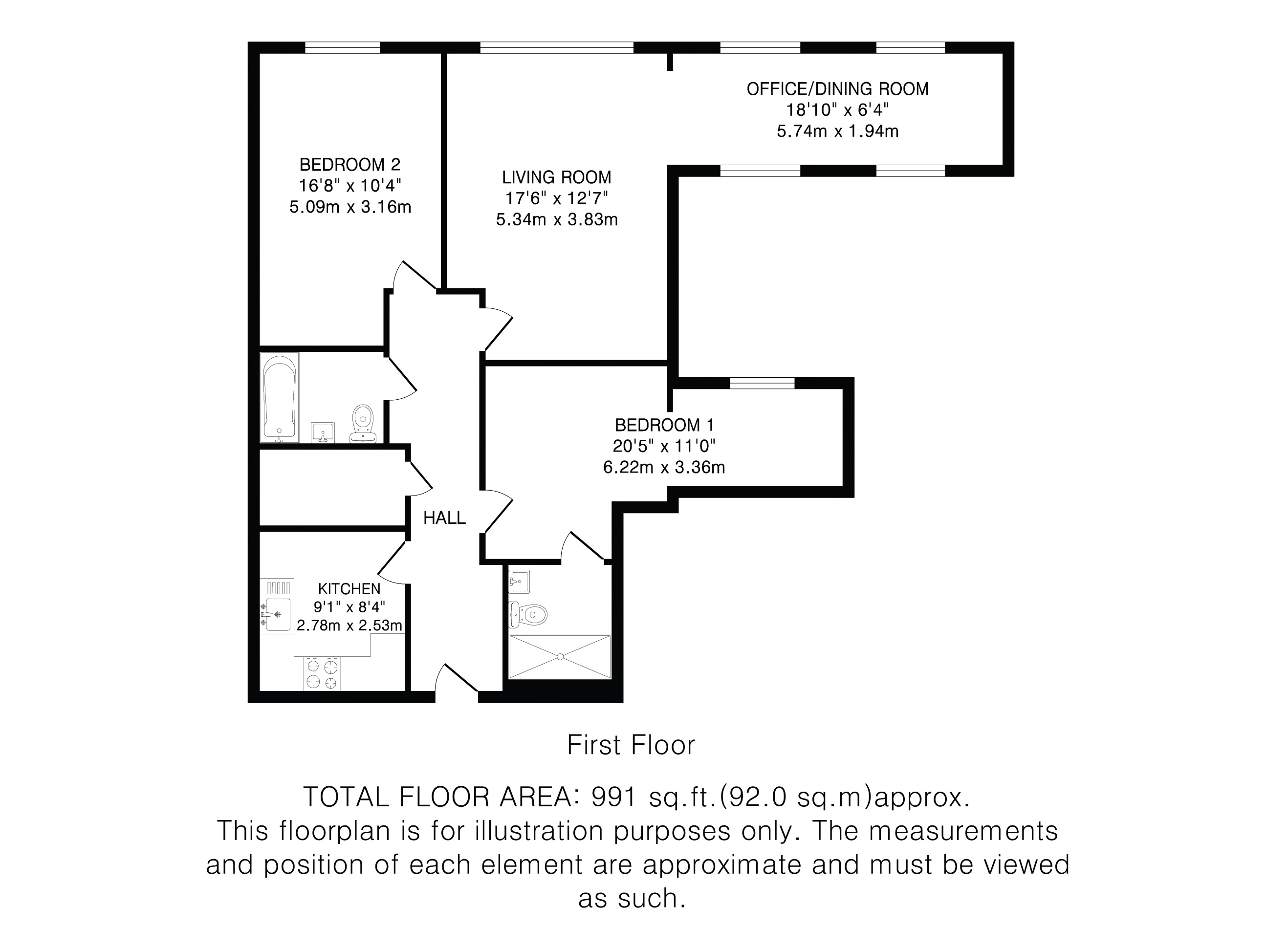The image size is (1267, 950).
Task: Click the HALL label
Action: (x=444, y=518)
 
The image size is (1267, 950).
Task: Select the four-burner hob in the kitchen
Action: (x=322, y=674)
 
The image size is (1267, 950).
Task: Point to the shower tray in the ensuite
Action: (x=560, y=657)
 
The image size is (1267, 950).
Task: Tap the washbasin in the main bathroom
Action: (x=323, y=432)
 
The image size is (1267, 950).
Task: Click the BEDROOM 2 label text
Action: (x=350, y=165)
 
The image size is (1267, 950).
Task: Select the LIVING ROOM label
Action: (x=557, y=177)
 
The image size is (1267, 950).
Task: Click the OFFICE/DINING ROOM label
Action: (x=837, y=89)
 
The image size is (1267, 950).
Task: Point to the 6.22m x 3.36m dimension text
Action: (x=664, y=468)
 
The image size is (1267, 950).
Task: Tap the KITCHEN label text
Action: (x=349, y=589)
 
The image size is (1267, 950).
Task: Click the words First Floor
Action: (x=631, y=745)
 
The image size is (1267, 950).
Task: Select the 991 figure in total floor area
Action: (x=613, y=797)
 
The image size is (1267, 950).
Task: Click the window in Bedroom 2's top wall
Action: (x=343, y=47)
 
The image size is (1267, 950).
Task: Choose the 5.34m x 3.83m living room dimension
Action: (x=557, y=219)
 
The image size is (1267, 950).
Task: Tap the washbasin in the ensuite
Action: (x=519, y=582)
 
